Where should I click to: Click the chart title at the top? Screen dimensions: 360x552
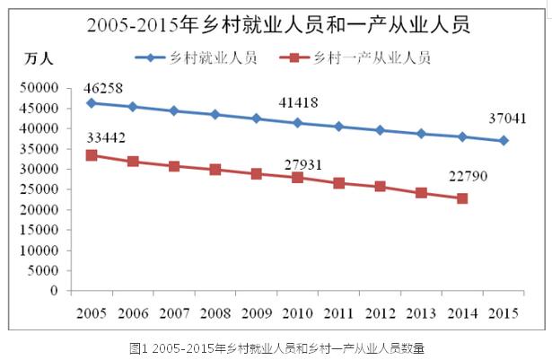(x=276, y=24)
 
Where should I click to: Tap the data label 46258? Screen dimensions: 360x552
(x=102, y=89)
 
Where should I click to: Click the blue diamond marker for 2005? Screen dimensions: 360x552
(x=92, y=103)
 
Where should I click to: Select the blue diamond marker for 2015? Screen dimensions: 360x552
(x=504, y=140)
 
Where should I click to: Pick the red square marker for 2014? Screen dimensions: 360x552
(x=462, y=198)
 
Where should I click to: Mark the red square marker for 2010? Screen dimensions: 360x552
(x=297, y=178)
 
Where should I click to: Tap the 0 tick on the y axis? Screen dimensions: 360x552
(x=55, y=291)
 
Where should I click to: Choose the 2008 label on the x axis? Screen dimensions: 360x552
(x=215, y=312)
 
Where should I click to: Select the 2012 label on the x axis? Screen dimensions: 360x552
(x=380, y=312)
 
